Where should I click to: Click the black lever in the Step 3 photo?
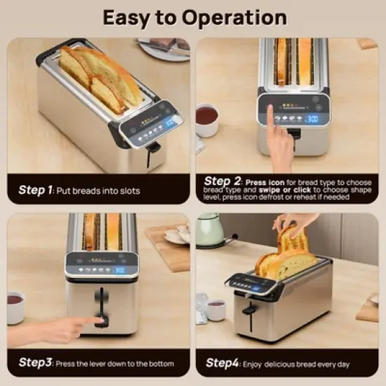pos(102,309)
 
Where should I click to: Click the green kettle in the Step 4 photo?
pos(211,230)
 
